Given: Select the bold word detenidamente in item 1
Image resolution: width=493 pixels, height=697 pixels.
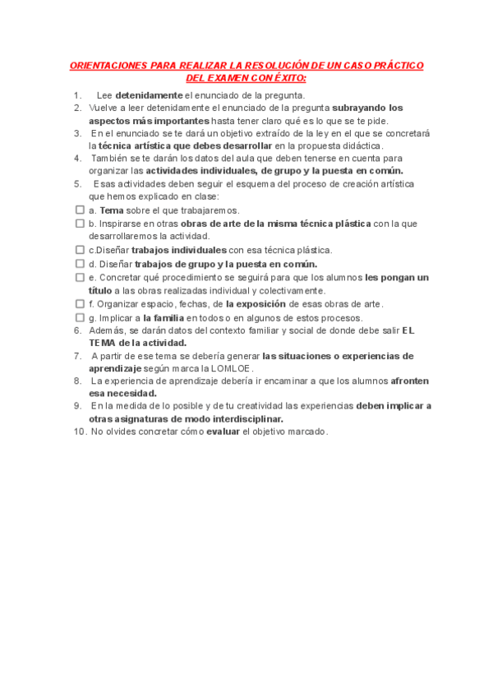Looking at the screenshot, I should point(149,95).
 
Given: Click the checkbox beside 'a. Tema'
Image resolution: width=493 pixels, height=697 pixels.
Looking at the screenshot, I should point(80,210).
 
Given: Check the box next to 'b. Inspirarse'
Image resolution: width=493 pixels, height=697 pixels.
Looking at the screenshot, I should point(80,223).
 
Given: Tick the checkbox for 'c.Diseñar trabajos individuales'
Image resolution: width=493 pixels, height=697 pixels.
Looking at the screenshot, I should point(80,249).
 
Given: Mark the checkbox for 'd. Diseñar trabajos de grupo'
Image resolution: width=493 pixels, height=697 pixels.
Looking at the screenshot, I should point(80,263).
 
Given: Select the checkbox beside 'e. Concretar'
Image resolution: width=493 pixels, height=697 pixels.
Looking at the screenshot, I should point(80,277).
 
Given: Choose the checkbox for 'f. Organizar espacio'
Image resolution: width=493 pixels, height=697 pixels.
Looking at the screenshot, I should point(80,303).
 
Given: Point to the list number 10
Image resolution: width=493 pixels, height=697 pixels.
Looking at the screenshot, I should point(79,432).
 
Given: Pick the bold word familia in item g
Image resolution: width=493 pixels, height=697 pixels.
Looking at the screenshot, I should point(164,317).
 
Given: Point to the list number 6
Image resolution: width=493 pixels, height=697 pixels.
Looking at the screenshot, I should point(77,330).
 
